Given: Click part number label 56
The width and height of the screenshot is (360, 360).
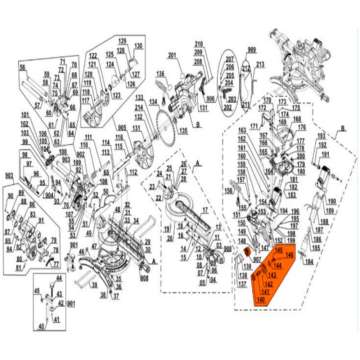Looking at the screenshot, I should (x=23, y=67).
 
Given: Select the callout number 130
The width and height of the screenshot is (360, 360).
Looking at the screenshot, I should (x=138, y=46).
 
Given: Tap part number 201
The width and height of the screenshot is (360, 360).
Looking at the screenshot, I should (x=172, y=55).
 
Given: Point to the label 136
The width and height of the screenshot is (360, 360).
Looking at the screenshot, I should (x=160, y=74).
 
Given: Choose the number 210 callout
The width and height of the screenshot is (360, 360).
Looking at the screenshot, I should (x=199, y=44).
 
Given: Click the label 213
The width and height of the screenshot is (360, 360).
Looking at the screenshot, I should (x=260, y=64).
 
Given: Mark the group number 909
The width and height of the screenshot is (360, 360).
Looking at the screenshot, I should (x=251, y=49).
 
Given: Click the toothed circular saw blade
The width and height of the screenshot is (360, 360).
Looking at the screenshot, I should (x=167, y=124).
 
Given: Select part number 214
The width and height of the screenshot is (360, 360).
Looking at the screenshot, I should (x=139, y=107).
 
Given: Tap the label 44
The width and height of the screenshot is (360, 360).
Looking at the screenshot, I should (x=59, y=278).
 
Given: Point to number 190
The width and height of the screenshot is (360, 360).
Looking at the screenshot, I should (x=331, y=201).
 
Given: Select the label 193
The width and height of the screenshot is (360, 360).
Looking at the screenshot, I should (x=321, y=136).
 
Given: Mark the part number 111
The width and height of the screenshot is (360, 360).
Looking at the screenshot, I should (x=89, y=137).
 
